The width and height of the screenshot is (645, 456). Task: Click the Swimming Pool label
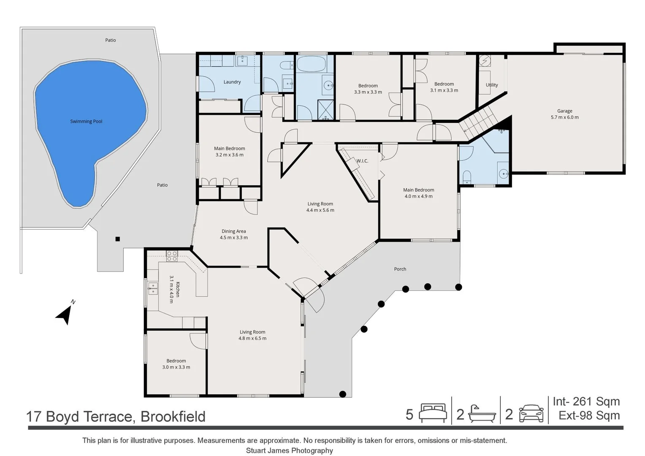[86, 121]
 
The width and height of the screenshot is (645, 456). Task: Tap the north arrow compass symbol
[65, 313]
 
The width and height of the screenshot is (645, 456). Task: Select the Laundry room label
[232, 82]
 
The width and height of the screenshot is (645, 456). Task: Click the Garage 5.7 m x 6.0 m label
[565, 114]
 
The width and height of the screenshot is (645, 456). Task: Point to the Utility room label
[492, 85]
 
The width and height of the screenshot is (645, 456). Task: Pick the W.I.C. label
[362, 161]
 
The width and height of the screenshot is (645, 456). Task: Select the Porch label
[400, 269]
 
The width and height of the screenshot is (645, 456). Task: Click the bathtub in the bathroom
[311, 64]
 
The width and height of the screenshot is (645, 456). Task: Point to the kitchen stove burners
[172, 256]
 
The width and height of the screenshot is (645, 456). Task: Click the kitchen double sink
[153, 288]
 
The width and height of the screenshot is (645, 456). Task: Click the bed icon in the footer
[433, 413]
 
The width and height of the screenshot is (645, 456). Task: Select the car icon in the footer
[531, 413]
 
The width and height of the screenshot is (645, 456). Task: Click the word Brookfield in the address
[173, 417]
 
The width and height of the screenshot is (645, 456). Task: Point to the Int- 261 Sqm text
[586, 401]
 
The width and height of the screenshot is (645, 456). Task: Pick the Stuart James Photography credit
[290, 451]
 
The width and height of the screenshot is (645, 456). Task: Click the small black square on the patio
[117, 239]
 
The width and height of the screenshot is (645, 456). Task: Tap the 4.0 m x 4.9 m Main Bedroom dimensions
[418, 196]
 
